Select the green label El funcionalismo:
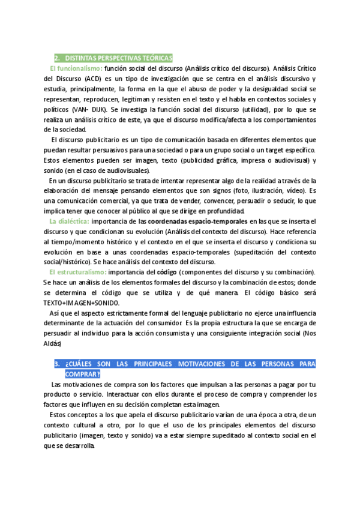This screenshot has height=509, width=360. coord(76,68)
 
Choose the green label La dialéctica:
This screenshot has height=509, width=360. coord(69,221)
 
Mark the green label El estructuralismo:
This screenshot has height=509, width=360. coord(78,272)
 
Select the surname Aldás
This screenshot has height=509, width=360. coord(53,343)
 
